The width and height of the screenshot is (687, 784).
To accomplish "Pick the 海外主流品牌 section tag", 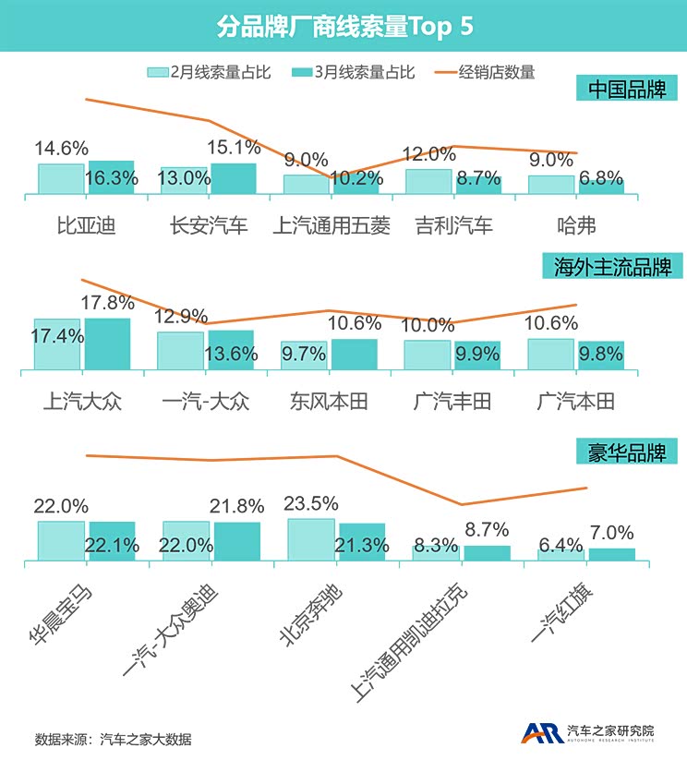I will (612, 267).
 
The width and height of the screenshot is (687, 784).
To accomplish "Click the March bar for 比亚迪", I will (111, 177).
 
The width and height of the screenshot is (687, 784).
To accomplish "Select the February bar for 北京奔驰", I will (311, 539).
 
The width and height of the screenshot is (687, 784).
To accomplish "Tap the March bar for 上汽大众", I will (107, 344).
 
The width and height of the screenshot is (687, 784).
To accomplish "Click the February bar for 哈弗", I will (551, 185).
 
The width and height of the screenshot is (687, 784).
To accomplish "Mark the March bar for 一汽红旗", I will (611, 554).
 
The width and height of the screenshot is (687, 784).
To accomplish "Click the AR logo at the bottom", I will (542, 733).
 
